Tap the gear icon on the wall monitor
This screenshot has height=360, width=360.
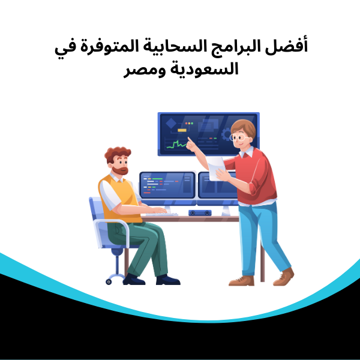226,133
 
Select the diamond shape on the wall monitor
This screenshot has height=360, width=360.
170,125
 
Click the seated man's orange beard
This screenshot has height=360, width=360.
121,171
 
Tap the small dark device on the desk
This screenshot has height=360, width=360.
199,212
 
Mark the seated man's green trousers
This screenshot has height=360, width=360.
144,243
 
